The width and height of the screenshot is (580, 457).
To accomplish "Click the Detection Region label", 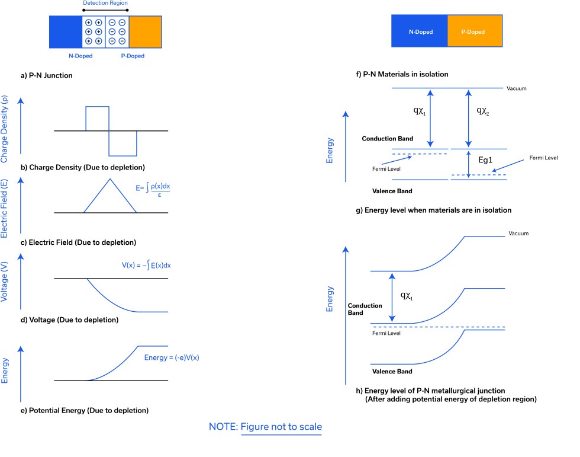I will click(105, 4).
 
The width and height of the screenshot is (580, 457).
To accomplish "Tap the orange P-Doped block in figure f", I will click(475, 31).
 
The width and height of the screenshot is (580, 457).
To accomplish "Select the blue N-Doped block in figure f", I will click(419, 31).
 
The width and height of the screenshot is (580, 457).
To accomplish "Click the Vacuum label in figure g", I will click(516, 89).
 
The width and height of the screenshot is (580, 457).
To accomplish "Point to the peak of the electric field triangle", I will click(109, 179).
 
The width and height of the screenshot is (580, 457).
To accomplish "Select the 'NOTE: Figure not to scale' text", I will click(265, 427).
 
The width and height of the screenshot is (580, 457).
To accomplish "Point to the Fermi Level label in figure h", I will click(386, 333).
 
